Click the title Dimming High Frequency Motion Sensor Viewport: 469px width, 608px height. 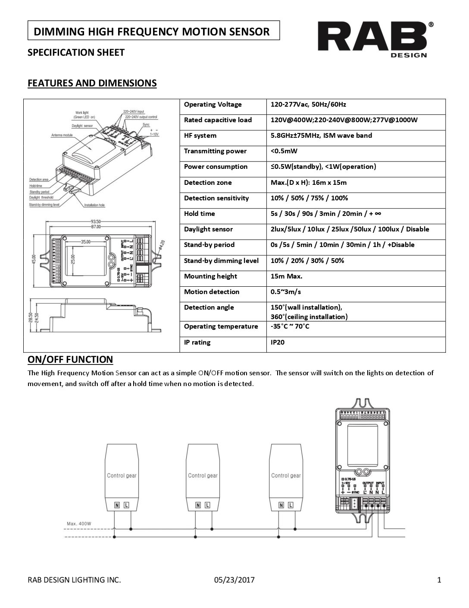(152, 32)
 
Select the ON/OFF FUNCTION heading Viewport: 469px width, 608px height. (70, 359)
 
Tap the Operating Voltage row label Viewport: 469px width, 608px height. (213, 104)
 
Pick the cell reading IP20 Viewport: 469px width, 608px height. (277, 342)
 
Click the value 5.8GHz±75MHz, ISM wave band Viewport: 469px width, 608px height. (321, 136)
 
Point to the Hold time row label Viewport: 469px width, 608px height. (199, 214)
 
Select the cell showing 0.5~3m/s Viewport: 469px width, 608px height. (285, 292)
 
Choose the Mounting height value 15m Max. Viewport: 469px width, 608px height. (286, 276)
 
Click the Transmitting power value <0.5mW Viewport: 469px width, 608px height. (284, 151)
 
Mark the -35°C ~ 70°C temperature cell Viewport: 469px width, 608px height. (290, 326)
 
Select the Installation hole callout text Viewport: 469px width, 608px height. (94, 205)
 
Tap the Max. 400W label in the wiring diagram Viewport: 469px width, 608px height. (79, 524)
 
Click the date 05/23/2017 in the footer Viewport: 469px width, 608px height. (234, 580)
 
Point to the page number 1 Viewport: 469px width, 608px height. (439, 580)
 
